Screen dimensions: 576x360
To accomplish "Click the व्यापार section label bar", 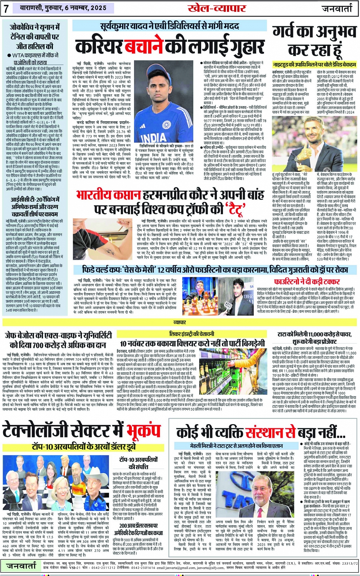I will coord(180,322).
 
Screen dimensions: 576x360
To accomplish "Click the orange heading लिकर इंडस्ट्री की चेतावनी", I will coord(192,334).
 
